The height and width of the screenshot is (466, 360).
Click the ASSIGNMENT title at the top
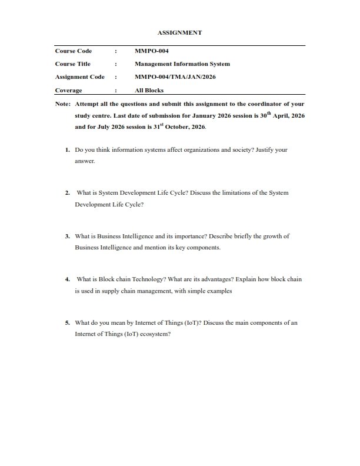click(180, 33)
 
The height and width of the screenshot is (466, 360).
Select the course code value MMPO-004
click(152, 51)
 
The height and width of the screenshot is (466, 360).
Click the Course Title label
click(72, 64)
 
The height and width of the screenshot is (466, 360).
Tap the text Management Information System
click(182, 64)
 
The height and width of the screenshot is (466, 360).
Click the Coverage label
click(68, 91)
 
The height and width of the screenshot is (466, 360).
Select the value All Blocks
click(149, 91)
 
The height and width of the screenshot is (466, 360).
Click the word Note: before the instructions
click(62, 104)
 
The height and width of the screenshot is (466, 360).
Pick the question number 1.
click(68, 150)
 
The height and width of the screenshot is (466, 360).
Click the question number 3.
click(68, 236)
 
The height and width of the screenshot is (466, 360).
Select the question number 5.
click(68, 322)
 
